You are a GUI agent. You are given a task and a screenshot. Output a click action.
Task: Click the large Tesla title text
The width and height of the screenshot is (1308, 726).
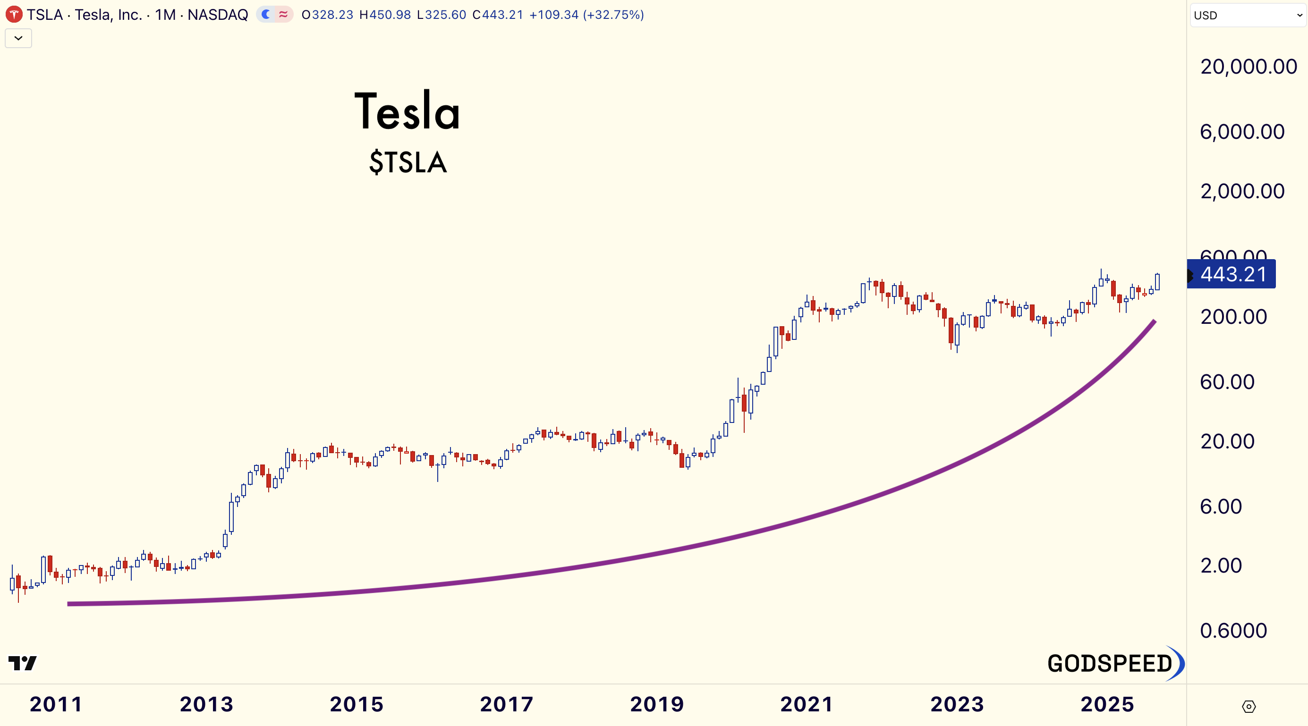pos(407,111)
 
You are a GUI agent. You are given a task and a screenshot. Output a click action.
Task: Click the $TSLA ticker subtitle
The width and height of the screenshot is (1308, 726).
pos(408,162)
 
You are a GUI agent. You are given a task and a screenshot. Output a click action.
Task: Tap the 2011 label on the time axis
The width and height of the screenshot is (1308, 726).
pos(56,704)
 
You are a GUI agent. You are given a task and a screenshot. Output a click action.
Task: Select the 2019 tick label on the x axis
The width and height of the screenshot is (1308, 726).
pos(656,704)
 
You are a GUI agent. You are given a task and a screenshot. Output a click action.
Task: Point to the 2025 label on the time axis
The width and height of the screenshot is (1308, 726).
pos(1107,704)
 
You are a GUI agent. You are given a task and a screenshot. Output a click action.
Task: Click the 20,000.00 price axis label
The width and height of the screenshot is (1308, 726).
pos(1248,67)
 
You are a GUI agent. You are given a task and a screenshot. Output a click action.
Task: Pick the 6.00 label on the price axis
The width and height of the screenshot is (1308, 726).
pos(1221,506)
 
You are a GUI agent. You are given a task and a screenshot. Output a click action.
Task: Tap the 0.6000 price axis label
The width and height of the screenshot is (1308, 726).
pos(1233,631)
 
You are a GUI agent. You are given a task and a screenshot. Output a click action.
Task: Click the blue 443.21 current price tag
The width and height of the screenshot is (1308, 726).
pos(1232,274)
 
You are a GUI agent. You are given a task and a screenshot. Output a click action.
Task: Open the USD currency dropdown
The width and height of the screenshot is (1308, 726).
pos(1248,15)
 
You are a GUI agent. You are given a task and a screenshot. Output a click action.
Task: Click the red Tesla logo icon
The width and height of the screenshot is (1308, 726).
pos(14,15)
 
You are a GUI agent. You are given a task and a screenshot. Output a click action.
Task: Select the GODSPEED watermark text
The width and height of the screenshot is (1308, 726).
pos(1110,664)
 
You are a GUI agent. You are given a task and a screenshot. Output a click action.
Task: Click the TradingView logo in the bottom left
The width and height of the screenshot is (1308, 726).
pos(22,663)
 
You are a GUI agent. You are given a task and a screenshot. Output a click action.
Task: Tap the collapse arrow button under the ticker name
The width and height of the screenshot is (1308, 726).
pos(18,38)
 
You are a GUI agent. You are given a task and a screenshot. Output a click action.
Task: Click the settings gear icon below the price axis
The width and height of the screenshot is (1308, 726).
pos(1249,706)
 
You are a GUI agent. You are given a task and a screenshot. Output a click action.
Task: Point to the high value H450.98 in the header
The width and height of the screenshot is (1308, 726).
pos(385,15)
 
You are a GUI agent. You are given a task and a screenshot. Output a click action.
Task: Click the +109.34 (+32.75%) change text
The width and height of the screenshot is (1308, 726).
pos(586,15)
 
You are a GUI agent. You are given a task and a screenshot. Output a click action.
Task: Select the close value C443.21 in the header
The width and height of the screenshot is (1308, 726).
pos(498,15)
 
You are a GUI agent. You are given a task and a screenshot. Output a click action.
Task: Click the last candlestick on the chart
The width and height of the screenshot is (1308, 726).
pos(1157,282)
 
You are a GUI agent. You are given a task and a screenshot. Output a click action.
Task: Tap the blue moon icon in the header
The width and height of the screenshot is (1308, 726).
pos(265,14)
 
